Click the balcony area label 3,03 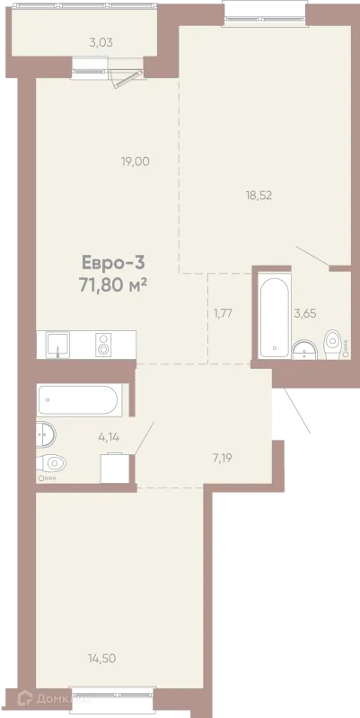coord(101,43)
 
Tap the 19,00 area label coord(136,162)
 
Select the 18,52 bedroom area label coord(259,196)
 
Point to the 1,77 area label coord(224,313)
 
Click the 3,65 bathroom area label coord(305,313)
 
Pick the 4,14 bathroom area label coord(109,437)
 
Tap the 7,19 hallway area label coord(222,457)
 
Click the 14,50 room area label coord(101,659)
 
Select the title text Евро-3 coord(113,263)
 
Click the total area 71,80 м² coord(113,285)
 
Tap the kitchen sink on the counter coord(57,345)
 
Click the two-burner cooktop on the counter coord(103,345)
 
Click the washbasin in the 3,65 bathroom coord(304,350)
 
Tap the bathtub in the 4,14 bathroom coord(80,400)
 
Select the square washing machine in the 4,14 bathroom coord(115,468)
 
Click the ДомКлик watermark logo coord(54,699)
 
